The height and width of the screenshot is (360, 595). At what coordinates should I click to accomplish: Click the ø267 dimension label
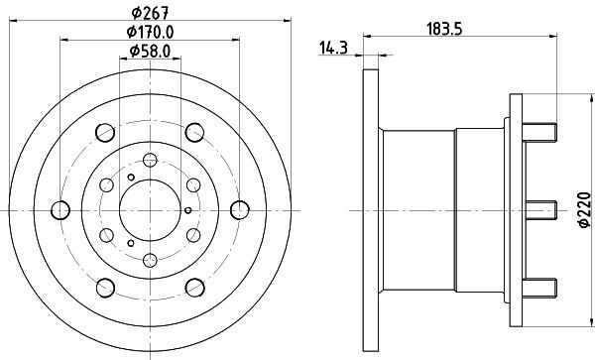tap(150, 13)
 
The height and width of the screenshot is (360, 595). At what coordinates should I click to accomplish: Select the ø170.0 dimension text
tap(150, 33)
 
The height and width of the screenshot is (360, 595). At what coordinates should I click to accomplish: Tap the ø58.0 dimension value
tap(150, 51)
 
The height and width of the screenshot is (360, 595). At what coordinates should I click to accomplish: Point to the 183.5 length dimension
tap(444, 29)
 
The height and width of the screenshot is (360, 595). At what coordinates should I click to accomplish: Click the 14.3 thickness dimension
tap(333, 49)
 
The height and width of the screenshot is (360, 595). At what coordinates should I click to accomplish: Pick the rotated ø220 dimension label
tap(585, 210)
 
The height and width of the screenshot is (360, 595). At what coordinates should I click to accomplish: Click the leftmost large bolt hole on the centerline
tap(60, 210)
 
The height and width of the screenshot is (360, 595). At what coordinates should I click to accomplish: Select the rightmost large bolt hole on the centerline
tap(240, 210)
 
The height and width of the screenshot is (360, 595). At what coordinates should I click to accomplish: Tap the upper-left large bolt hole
tap(105, 132)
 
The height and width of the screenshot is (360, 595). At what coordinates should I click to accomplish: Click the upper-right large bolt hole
tap(194, 132)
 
